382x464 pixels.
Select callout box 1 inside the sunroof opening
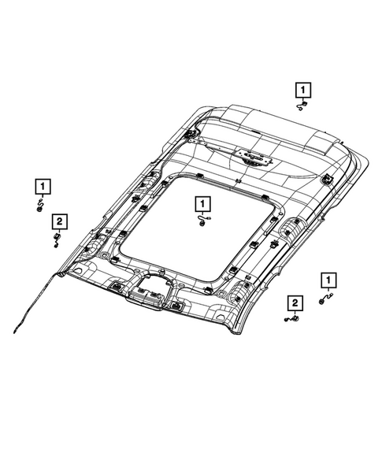click(x=202, y=205)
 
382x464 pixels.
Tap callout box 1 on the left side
click(x=40, y=187)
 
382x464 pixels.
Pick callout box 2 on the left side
click(x=57, y=220)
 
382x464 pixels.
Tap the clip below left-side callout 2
click(x=57, y=238)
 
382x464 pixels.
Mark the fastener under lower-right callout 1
click(x=326, y=298)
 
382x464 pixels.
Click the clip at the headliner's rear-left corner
click(x=190, y=135)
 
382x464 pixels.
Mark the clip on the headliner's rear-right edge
click(x=325, y=180)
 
